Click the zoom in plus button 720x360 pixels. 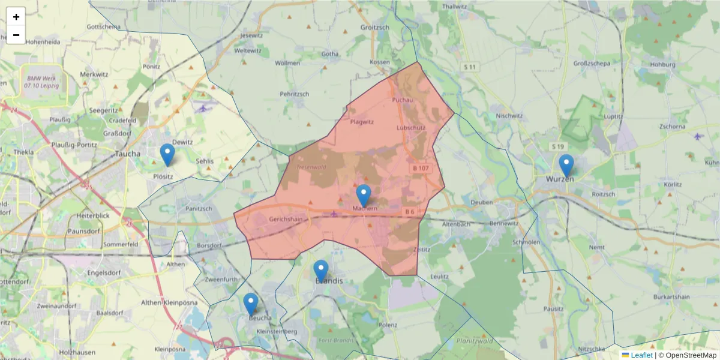click(x=16, y=17)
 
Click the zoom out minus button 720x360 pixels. click(x=16, y=35)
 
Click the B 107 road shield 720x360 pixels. click(x=421, y=168)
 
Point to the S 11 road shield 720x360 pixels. click(x=469, y=67)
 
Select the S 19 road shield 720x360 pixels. click(x=558, y=146)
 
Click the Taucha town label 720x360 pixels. click(x=127, y=154)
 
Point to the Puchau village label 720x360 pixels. click(x=403, y=100)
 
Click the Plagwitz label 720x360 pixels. click(x=362, y=122)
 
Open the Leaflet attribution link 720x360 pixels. click(x=641, y=355)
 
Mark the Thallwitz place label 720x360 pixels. click(x=454, y=6)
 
